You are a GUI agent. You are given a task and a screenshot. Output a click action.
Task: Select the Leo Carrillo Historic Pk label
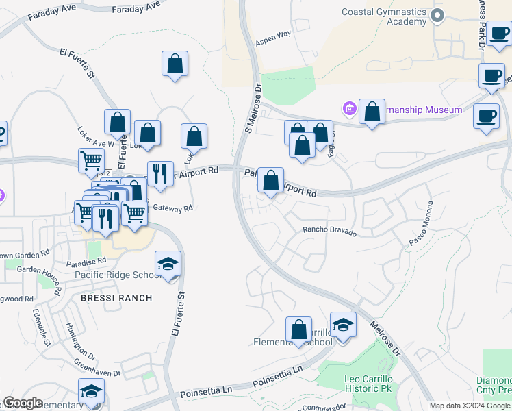click(368, 384)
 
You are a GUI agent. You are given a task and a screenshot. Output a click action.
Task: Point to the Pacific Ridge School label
click(118, 275)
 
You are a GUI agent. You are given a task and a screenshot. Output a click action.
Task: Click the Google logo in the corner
click(22, 403)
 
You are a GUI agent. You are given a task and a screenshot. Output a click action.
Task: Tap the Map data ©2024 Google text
click(470, 406)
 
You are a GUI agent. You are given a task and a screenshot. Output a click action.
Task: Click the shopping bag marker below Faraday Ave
click(175, 64)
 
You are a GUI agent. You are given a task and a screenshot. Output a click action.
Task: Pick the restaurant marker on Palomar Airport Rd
click(160, 173)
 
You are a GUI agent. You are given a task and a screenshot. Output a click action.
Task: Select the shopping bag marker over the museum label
click(372, 113)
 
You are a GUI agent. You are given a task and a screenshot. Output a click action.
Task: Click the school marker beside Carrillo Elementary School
click(343, 324)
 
